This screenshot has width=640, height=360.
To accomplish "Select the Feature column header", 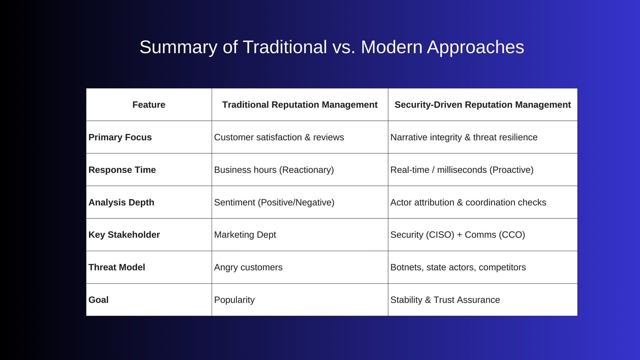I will [x=149, y=105].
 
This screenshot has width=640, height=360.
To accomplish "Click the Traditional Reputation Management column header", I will [x=300, y=105].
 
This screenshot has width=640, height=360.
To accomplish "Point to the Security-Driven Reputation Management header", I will [x=482, y=105].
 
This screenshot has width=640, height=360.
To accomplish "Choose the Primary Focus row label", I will [x=120, y=137].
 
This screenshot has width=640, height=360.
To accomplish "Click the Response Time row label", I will [x=122, y=170].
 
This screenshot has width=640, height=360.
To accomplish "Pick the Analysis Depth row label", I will [x=121, y=202].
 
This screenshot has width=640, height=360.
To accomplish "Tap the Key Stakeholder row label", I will [x=124, y=235].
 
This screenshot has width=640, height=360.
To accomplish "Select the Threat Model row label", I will [x=117, y=267].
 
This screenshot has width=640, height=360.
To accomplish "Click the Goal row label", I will [x=98, y=300].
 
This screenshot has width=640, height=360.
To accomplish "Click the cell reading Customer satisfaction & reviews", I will [x=279, y=137].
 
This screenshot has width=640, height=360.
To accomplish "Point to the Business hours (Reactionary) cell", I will [x=274, y=170].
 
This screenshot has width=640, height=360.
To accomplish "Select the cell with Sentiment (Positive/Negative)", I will [x=274, y=202].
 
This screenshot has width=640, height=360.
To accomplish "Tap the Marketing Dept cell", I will [x=245, y=235].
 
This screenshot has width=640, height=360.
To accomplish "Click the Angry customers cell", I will [x=248, y=267].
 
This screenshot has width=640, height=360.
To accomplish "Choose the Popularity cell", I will [x=234, y=300].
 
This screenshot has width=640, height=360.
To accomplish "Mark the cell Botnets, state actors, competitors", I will [x=458, y=267].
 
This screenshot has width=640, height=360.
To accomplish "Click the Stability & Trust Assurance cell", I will [x=445, y=300].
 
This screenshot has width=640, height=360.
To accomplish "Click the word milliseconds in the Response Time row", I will [x=462, y=170].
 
